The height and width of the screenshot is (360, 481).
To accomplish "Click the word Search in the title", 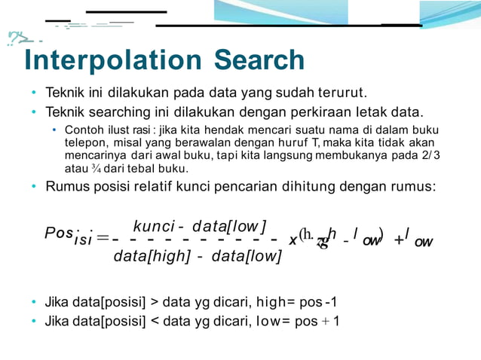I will click(259, 60).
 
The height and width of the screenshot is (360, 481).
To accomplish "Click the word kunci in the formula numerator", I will click(153, 226).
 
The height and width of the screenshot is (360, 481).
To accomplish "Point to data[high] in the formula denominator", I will click(151, 257).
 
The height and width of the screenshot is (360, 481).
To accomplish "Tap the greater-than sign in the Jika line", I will click(155, 303).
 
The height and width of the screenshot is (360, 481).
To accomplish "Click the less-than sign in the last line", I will click(155, 321).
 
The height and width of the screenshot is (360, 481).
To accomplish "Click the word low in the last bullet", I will click(268, 321).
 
